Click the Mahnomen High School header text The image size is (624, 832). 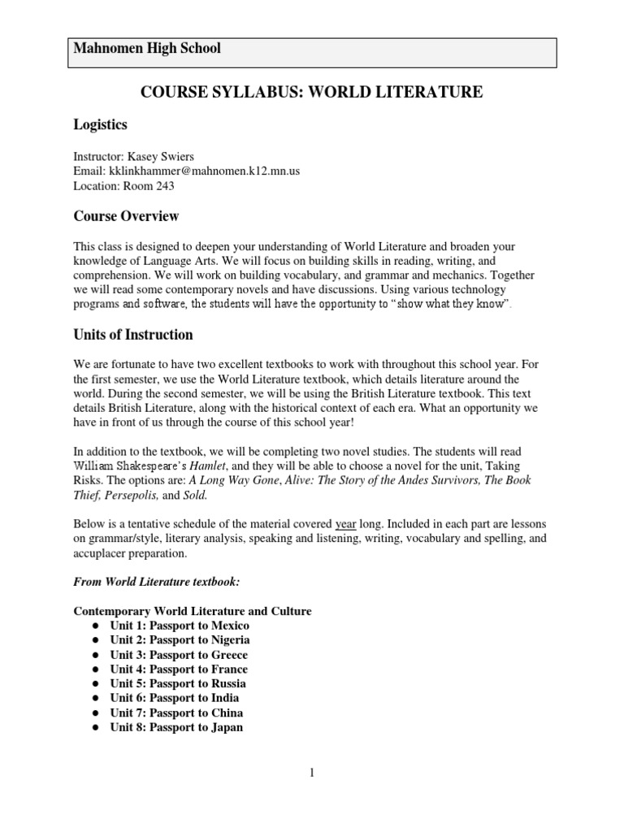tap(147, 49)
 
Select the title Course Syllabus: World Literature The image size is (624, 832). tap(312, 93)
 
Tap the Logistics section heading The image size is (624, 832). tap(100, 124)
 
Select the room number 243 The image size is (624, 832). tap(162, 185)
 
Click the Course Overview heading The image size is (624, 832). tap(126, 216)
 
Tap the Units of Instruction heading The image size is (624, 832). tap(133, 334)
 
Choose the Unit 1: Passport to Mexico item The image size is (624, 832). tap(180, 626)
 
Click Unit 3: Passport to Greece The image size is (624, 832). tap(179, 655)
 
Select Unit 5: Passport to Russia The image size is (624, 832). tap(178, 683)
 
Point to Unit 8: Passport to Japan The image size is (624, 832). tap(176, 727)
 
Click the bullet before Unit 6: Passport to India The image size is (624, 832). tap(96, 698)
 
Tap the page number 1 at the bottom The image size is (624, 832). tap(311, 773)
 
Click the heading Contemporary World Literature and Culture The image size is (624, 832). tap(193, 611)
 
